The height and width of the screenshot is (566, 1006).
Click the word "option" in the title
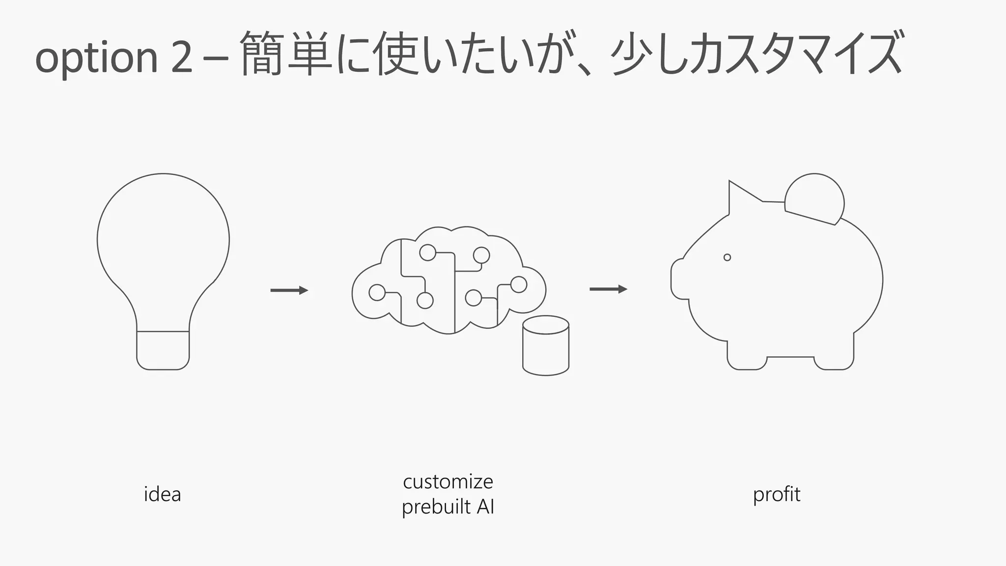pos(96,57)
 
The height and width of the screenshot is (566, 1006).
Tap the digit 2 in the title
pos(181,57)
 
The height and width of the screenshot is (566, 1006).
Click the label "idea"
pos(162,494)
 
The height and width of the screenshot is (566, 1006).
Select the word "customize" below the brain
pos(447,481)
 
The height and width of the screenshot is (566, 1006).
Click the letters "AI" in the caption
pos(485,507)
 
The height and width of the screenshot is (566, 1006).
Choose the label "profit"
pos(777,494)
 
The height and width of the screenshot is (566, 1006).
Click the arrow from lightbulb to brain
pos(289,290)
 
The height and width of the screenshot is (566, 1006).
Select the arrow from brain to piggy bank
pos(608,289)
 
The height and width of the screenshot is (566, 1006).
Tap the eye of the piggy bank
pos(727,257)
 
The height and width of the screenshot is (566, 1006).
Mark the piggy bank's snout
pos(679,279)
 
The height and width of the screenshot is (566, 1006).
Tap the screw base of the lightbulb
pos(163,350)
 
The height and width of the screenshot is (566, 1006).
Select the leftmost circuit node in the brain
pos(377,292)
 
